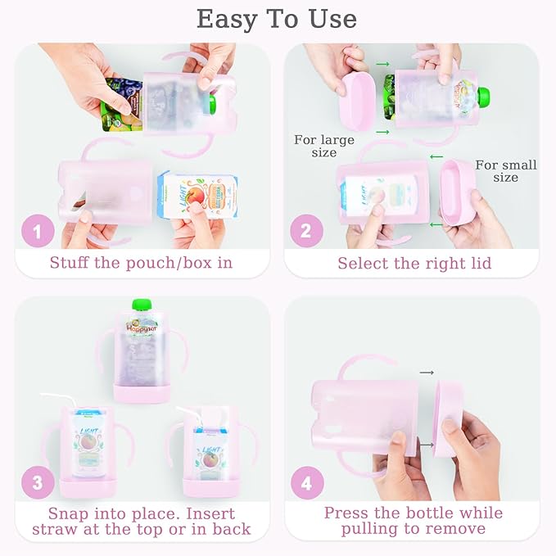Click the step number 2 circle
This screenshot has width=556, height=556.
305,232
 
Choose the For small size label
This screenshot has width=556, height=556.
505,171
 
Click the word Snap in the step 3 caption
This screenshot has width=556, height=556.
70,513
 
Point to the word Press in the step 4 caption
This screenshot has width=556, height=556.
347,513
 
